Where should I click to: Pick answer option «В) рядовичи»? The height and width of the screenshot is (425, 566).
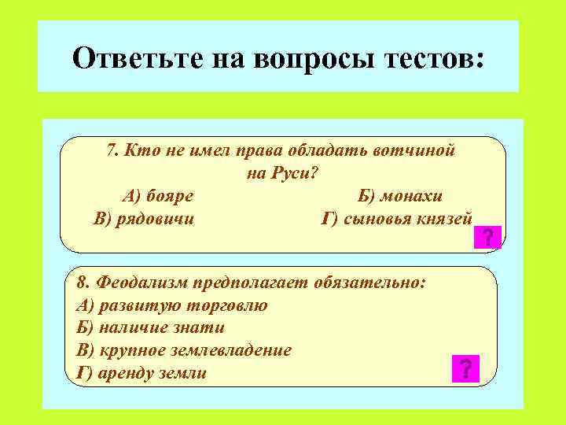(143, 218)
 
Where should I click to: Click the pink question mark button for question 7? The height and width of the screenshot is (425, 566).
(487, 237)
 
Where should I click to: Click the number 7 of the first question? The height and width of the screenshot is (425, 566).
(111, 150)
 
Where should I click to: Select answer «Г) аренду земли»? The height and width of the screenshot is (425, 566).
(141, 372)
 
